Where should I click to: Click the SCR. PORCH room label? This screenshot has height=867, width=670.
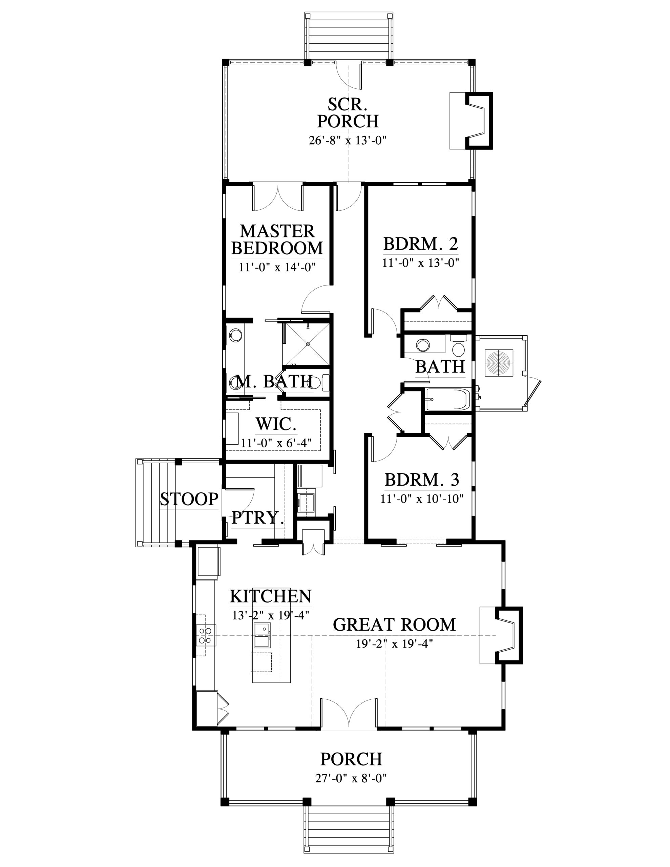point(348,113)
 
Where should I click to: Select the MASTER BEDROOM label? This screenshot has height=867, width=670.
point(277,239)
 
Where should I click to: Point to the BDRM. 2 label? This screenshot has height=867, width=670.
point(421,244)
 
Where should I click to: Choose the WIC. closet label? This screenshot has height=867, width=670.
point(276,424)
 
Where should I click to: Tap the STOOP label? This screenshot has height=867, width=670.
point(189,499)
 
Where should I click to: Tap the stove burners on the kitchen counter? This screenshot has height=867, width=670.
point(205,635)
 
